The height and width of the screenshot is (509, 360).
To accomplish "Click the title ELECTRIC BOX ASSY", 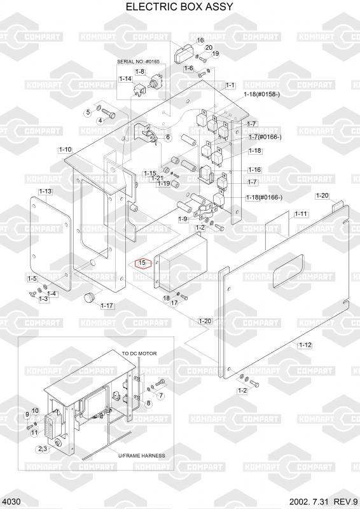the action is coord(179,6).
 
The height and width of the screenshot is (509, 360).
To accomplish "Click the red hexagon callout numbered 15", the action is coord(142,263).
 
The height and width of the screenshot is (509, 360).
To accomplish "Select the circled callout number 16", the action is coord(200,40).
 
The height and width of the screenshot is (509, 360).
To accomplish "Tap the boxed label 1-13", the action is coord(45,192).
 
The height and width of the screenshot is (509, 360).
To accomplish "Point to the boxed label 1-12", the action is coord(305,345).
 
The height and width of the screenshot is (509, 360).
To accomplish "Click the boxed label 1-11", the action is coord(301,214).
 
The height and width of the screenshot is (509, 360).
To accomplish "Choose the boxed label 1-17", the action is coord(107,306).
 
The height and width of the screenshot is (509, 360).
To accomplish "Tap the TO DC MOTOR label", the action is coord(139,353).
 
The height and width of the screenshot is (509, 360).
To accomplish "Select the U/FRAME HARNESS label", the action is coord(142,456).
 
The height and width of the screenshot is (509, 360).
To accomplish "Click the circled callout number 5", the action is coord(88,113).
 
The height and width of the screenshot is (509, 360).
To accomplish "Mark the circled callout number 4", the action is coord(100,121).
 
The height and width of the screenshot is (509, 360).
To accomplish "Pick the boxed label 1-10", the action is coord(66,150).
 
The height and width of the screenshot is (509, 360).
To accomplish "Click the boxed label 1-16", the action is coord(254,170).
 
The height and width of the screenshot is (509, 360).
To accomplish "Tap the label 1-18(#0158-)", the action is coord(262,94).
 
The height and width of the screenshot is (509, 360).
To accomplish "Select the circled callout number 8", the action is coord(148,403).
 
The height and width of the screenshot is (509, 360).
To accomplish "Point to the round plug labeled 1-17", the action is coord(89,297).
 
